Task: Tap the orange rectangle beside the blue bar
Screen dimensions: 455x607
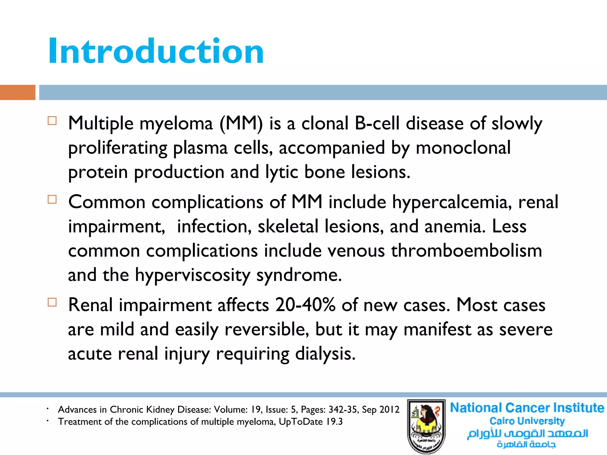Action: coord(17,92)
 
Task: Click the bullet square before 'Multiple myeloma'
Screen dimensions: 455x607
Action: coord(52,121)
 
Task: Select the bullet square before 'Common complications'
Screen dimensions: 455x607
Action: coord(52,200)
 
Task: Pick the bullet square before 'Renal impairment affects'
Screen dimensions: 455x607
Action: coord(52,302)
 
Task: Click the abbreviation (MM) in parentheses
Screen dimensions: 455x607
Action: coord(241,124)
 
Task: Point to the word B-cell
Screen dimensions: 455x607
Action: coord(377,124)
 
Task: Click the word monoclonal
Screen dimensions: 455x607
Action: coord(463,148)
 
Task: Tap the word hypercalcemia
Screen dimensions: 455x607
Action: coord(452,203)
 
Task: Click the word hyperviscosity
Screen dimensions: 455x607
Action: coord(193,275)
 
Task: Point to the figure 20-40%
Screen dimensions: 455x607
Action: coord(305,305)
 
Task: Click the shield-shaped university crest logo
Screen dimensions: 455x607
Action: coord(426,426)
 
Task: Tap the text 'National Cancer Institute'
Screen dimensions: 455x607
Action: coord(527,408)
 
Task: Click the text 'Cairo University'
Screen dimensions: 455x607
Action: coord(527,421)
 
